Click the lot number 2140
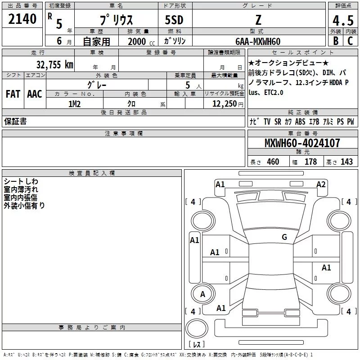coord(22,19)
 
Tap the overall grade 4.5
coord(343,20)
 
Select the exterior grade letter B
coord(336,41)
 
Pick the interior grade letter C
coord(350,41)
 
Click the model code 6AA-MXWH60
coord(258,41)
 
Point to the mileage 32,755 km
coord(54,64)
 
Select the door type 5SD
coord(174,20)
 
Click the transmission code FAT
coord(13,94)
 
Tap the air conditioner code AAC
coord(35,94)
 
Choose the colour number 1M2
coord(74,104)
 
